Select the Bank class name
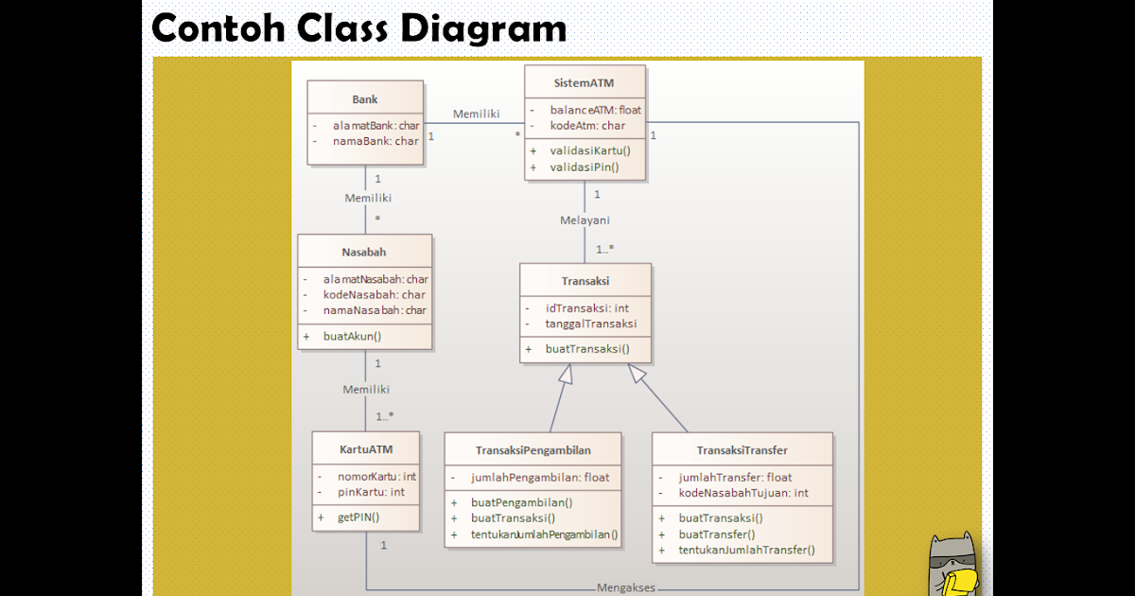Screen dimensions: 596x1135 [365, 99]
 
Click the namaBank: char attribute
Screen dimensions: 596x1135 [375, 141]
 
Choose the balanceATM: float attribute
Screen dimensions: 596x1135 [595, 110]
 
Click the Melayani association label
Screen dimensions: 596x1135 [585, 220]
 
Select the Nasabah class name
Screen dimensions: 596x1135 [364, 252]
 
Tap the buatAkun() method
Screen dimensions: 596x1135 [352, 335]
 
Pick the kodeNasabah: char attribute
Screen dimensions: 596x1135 [375, 294]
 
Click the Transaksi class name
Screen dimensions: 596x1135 [585, 281]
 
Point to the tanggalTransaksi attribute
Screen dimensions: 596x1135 [590, 324]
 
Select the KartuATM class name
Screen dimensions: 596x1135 [366, 448]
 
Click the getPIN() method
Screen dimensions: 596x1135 [358, 517]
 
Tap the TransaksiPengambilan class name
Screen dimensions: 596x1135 [533, 450]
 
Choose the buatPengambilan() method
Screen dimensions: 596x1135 [522, 502]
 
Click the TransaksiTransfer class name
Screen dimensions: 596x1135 [742, 450]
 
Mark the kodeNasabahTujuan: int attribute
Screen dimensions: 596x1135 [743, 493]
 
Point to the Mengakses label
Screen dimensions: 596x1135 [625, 587]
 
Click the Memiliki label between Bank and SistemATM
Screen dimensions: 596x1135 [476, 114]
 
